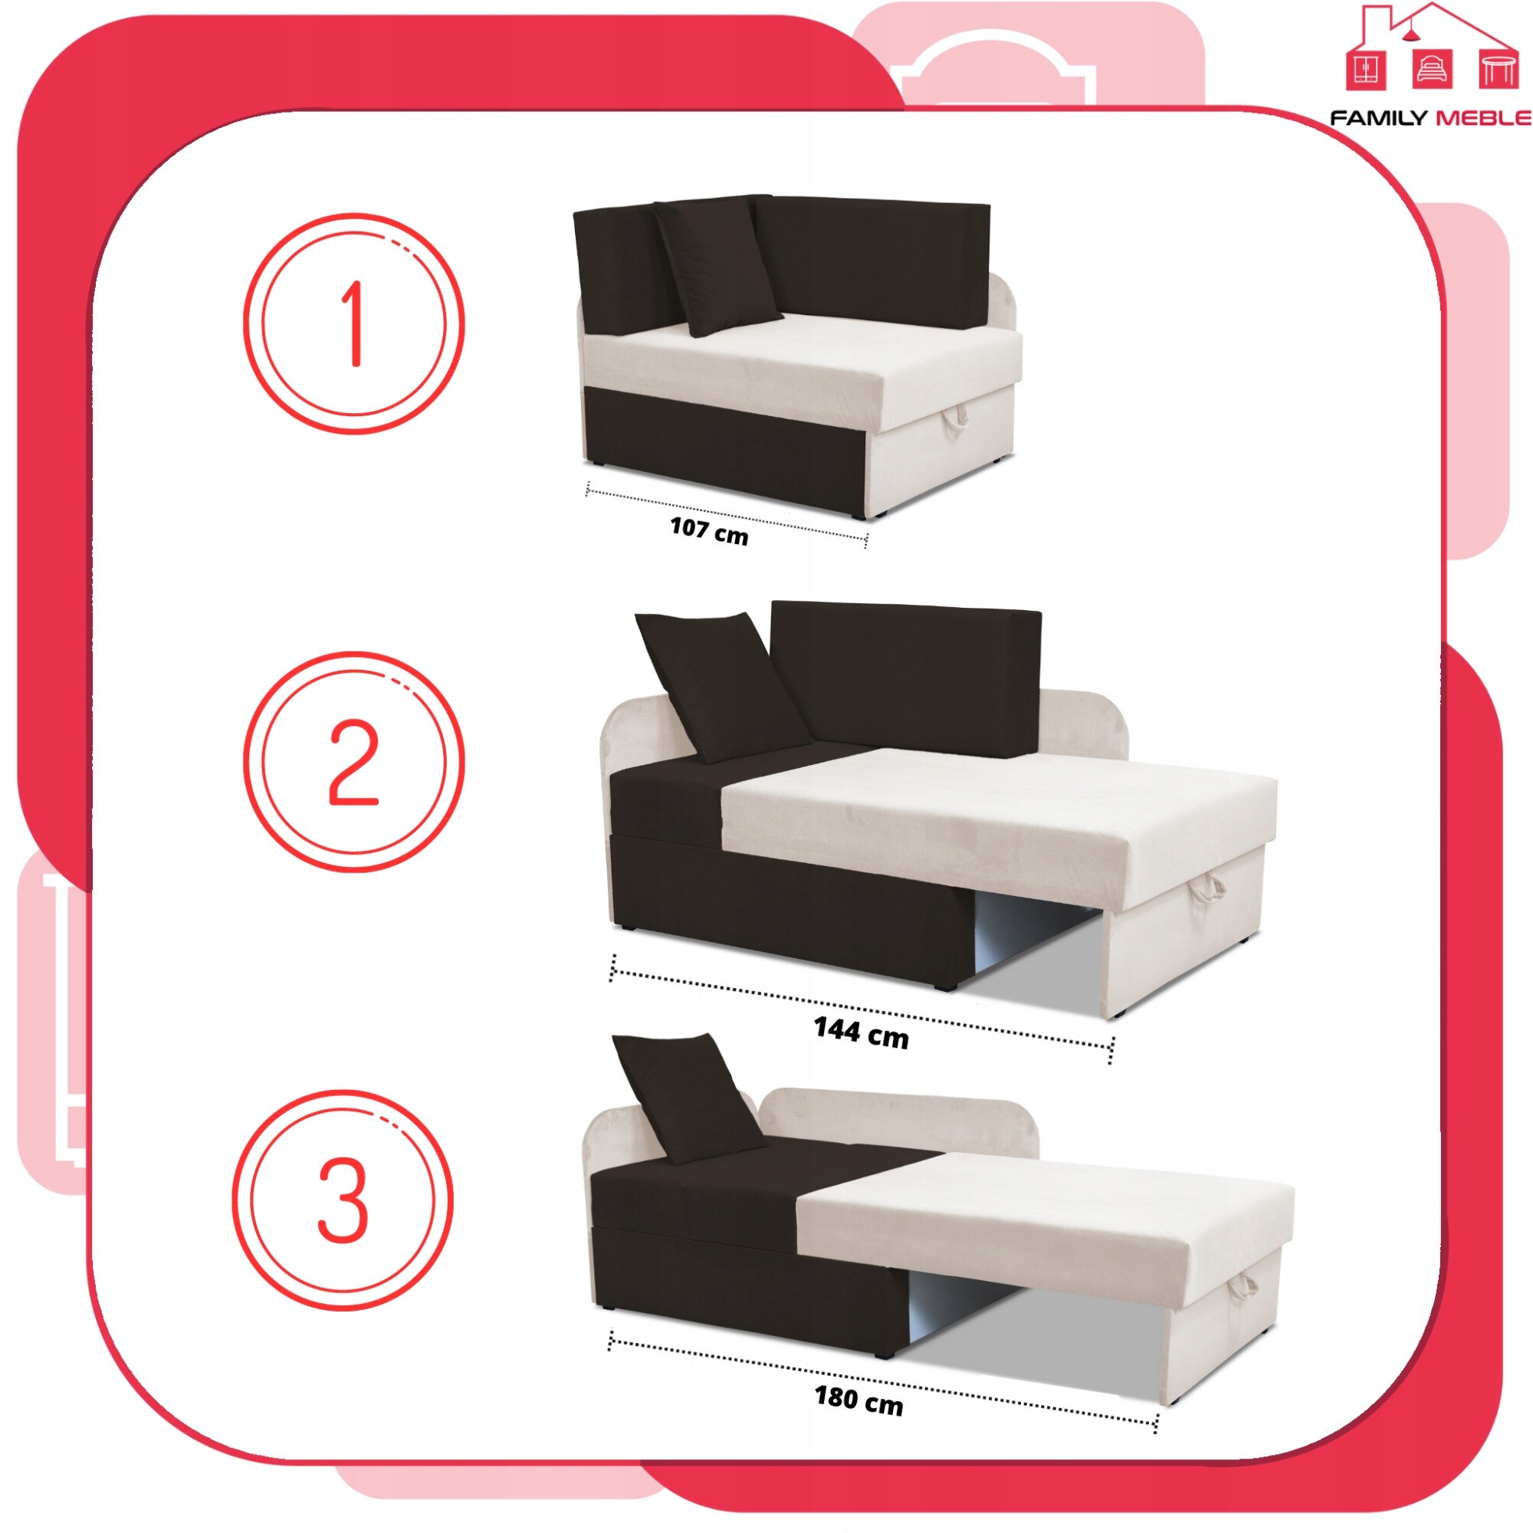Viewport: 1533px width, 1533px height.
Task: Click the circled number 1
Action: [x=354, y=323]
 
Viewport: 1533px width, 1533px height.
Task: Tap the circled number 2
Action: [x=354, y=761]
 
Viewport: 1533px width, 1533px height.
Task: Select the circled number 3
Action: [x=343, y=1200]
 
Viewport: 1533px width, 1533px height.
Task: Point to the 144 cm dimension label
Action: [x=861, y=1032]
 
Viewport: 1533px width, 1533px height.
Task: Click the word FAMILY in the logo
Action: [x=1377, y=118]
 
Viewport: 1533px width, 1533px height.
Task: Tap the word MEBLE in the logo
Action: [x=1483, y=118]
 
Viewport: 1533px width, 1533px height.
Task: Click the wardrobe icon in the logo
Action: [x=1367, y=70]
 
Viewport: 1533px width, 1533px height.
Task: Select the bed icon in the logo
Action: [x=1433, y=70]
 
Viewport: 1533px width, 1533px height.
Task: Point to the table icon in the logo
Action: [x=1497, y=70]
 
